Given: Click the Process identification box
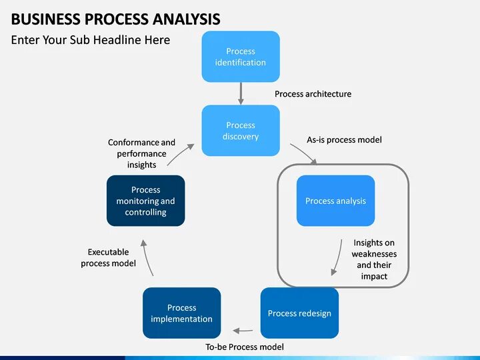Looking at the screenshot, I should pyautogui.click(x=241, y=57).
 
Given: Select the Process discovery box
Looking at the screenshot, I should pyautogui.click(x=241, y=131).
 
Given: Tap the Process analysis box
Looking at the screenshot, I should pyautogui.click(x=335, y=201).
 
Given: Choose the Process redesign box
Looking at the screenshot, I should pyautogui.click(x=299, y=313).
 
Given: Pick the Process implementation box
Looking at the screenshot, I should pyautogui.click(x=181, y=313).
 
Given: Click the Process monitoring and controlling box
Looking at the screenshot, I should pyautogui.click(x=145, y=201).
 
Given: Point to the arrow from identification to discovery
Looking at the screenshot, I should pyautogui.click(x=241, y=93).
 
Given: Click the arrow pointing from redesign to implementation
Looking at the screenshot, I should pyautogui.click(x=242, y=329).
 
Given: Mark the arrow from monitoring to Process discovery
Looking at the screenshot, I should pyautogui.click(x=181, y=155).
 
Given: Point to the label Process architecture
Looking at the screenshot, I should pyautogui.click(x=313, y=94).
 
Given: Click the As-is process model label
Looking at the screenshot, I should pyautogui.click(x=344, y=140).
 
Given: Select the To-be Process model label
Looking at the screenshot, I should pyautogui.click(x=244, y=347).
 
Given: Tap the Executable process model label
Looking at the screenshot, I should pyautogui.click(x=108, y=257).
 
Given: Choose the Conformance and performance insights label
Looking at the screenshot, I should pyautogui.click(x=141, y=153).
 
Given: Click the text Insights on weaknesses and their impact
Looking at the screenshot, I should pyautogui.click(x=374, y=259).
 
